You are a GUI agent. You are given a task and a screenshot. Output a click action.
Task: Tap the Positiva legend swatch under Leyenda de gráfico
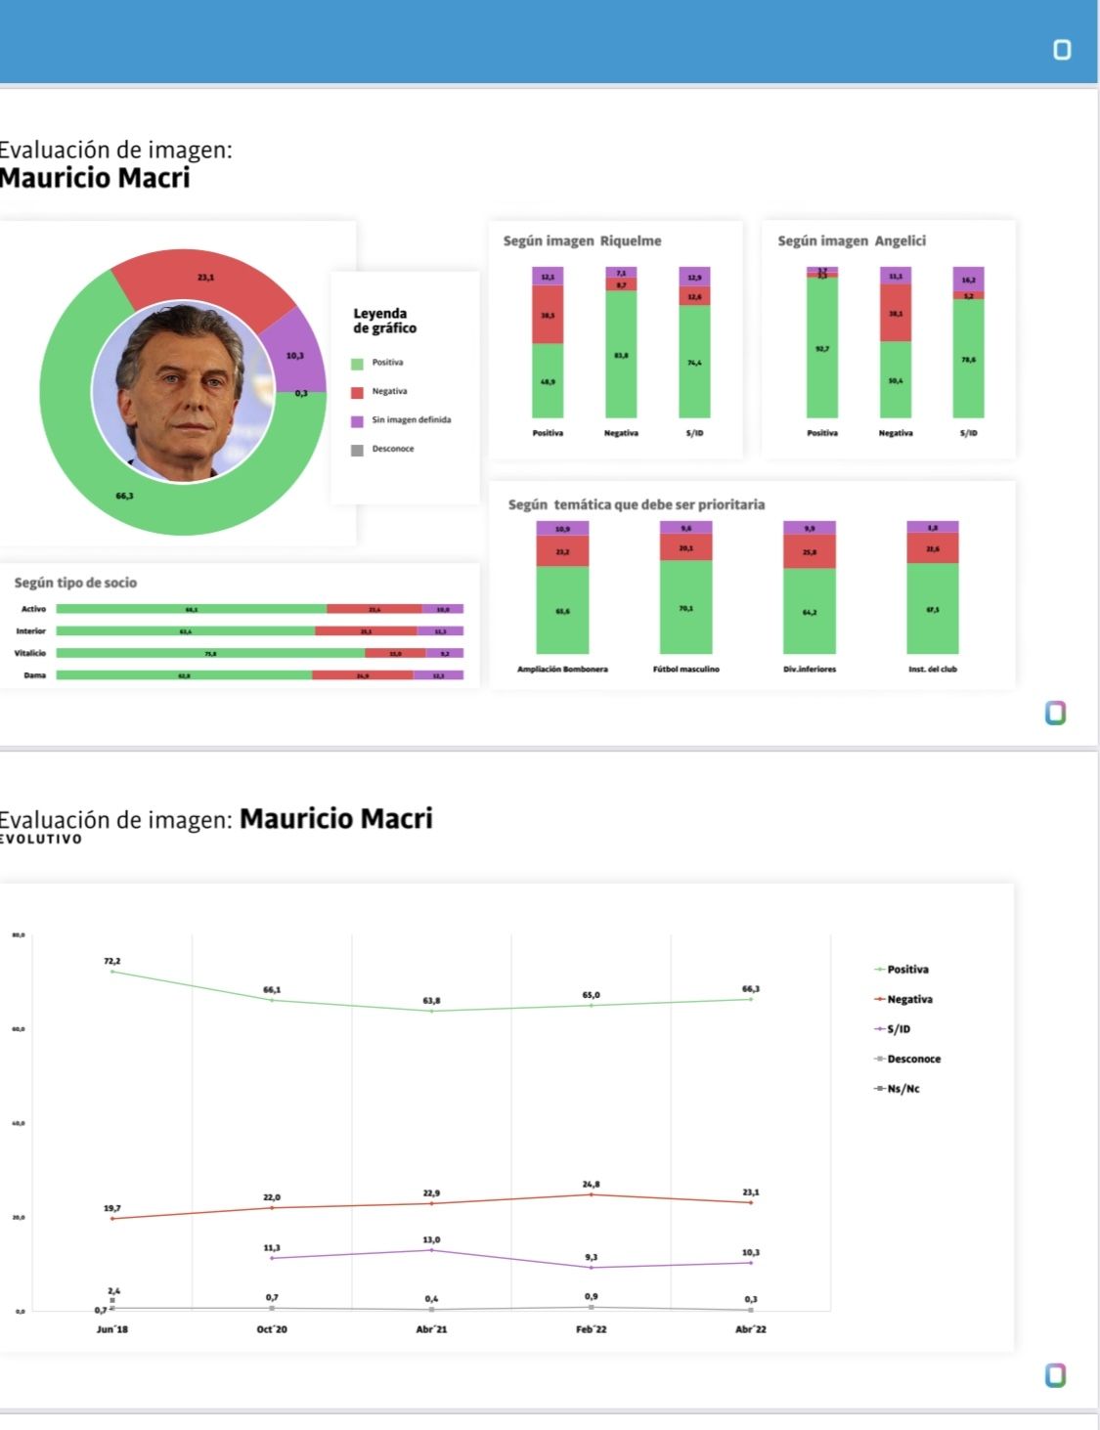(x=357, y=364)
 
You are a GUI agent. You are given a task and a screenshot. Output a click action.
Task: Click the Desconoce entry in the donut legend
(x=392, y=449)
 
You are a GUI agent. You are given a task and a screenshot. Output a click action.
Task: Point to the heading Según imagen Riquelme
(x=582, y=240)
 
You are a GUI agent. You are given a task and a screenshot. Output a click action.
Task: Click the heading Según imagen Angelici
(x=851, y=240)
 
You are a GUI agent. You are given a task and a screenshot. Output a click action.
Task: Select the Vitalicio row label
(x=30, y=653)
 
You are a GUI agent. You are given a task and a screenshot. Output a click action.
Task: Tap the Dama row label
(x=35, y=675)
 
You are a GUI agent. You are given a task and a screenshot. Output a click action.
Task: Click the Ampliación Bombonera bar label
(x=562, y=670)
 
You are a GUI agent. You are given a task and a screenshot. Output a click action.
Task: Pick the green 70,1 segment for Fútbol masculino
(x=685, y=608)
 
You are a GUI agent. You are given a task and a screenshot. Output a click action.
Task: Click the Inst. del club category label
(x=932, y=670)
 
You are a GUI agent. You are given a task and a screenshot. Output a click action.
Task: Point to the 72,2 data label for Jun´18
(x=112, y=962)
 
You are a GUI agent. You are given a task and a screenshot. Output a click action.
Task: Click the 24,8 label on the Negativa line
(x=591, y=1185)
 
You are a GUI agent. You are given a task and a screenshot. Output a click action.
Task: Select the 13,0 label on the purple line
(x=431, y=1239)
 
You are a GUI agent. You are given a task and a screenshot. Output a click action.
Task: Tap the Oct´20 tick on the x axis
(x=272, y=1329)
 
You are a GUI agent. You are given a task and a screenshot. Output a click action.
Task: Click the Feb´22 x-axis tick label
(x=591, y=1329)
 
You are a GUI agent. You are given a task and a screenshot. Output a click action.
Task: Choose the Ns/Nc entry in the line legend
(x=902, y=1089)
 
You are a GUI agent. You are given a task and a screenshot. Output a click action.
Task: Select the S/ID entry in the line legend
(x=898, y=1029)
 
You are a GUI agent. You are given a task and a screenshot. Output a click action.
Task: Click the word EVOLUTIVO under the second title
(x=41, y=839)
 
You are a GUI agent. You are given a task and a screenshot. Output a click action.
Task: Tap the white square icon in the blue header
(x=1062, y=50)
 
